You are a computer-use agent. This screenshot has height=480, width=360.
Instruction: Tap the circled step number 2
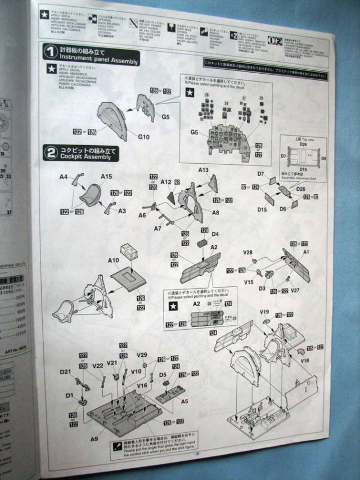click(x=51, y=152)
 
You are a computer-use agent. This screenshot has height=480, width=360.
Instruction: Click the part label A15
click(x=106, y=177)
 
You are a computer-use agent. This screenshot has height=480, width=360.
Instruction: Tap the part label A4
click(x=64, y=177)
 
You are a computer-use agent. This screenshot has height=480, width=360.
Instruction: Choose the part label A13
click(x=204, y=169)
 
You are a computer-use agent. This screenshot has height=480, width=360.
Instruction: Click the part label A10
click(x=113, y=260)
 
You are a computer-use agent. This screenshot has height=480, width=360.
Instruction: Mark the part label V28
click(x=248, y=253)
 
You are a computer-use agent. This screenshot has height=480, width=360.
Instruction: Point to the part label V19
click(x=265, y=312)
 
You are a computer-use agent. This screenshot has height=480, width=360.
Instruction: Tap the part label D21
click(x=66, y=373)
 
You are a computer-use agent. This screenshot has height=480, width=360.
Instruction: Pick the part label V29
click(x=142, y=355)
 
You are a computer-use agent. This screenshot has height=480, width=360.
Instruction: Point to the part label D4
click(x=215, y=234)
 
